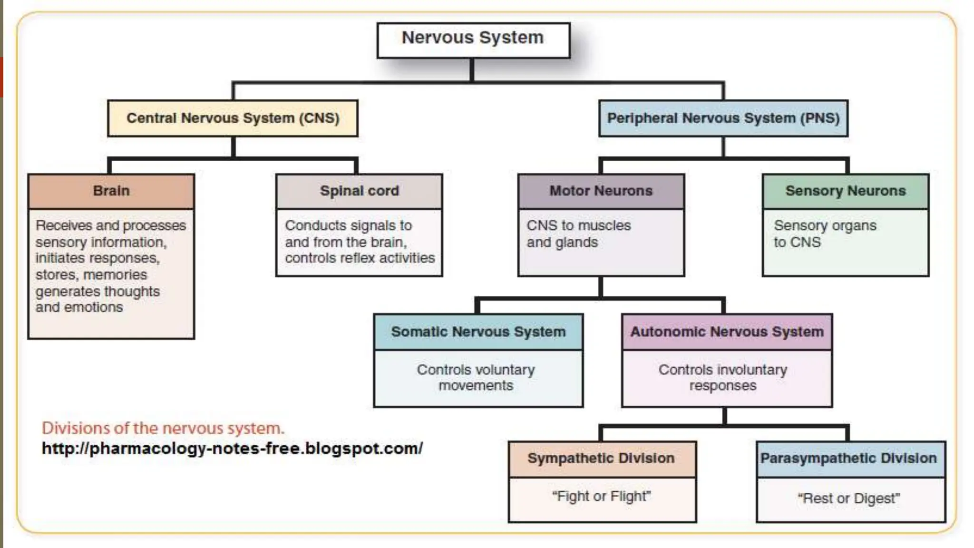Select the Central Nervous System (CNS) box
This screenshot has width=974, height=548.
coord(233,118)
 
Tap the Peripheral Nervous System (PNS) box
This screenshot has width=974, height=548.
coord(723,118)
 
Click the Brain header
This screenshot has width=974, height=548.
coord(111,191)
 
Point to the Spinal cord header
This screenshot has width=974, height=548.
coord(359,191)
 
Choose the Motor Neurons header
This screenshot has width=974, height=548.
coord(601,191)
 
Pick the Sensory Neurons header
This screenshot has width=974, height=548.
coord(845,191)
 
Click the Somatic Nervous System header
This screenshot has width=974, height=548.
coord(478,332)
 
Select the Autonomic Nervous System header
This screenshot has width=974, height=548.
coord(727,332)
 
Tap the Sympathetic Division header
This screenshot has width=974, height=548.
coord(601,458)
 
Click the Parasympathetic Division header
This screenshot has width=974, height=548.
coord(848,458)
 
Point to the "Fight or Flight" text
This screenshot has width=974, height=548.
coord(601,496)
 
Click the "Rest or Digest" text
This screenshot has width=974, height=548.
coord(848,498)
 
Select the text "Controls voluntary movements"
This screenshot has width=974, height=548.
coord(476,377)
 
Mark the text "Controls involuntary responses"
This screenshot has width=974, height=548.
coord(722,377)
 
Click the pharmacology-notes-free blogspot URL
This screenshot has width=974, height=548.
coord(232,448)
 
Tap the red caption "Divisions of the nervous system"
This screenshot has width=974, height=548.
coord(163,428)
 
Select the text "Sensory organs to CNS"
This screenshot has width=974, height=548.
coord(824,234)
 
